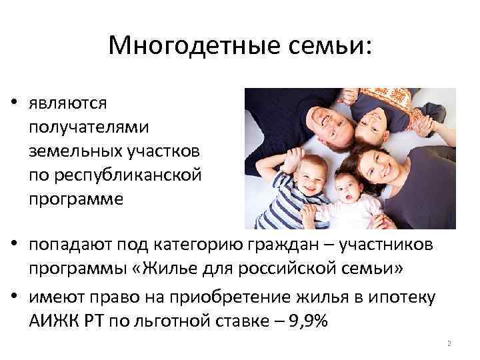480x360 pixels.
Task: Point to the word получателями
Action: (89, 127)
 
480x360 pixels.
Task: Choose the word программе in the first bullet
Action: (75, 200)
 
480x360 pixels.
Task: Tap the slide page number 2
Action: (449, 343)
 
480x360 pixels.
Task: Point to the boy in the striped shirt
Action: (296, 194)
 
